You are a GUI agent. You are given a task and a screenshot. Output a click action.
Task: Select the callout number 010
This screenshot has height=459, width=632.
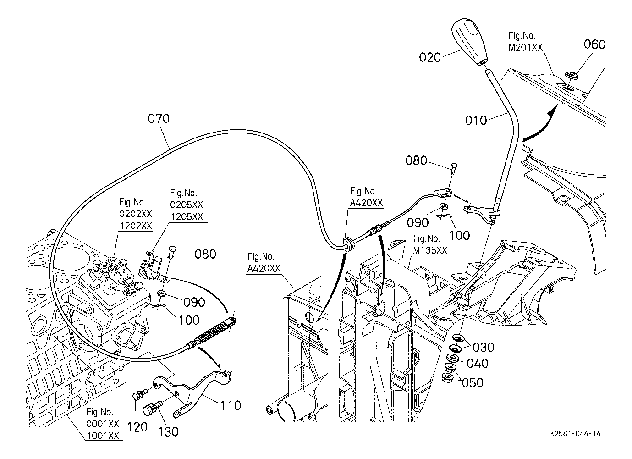[x=476, y=121]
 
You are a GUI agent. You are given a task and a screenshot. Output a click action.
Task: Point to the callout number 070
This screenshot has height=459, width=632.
[x=159, y=119]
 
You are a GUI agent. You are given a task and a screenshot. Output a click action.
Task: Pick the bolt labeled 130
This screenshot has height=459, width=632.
[x=152, y=409]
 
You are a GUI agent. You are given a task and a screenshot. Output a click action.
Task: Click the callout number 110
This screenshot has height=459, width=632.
[x=231, y=406]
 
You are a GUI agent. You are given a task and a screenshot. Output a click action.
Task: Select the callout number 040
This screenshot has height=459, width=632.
[x=478, y=363]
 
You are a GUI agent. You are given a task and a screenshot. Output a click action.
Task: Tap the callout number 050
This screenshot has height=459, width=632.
[x=473, y=383]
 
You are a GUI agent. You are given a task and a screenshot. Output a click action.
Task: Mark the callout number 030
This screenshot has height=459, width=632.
[x=484, y=348]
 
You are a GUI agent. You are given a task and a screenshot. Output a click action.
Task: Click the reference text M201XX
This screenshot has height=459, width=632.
[x=526, y=47]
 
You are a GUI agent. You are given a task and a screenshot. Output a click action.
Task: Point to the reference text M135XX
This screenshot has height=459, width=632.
[x=430, y=250]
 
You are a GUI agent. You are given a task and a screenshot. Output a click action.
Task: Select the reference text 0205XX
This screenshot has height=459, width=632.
[x=187, y=205]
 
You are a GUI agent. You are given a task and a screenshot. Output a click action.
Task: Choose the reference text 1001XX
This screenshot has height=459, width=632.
[x=103, y=436]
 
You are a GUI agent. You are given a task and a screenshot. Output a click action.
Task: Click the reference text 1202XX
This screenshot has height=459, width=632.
[x=136, y=226]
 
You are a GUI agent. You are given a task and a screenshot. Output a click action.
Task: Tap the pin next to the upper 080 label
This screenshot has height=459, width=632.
[x=454, y=169]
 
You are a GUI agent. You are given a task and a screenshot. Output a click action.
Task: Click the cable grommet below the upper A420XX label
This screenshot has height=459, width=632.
[x=348, y=243]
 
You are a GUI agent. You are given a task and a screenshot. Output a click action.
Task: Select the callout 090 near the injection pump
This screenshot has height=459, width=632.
[x=194, y=302]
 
